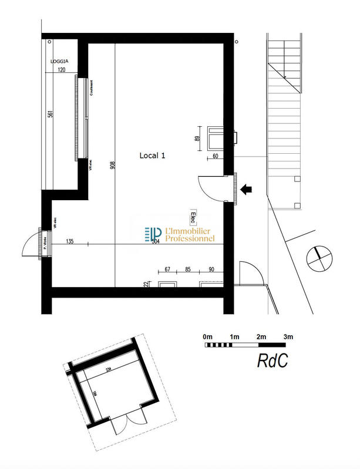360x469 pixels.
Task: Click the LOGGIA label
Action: [59, 60]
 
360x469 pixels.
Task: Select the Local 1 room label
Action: [153, 156]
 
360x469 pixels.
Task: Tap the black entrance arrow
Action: [247, 188]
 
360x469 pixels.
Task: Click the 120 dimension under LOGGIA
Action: [61, 69]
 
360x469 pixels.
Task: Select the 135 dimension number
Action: [70, 241]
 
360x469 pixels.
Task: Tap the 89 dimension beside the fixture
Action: [198, 139]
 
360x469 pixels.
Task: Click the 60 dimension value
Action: [215, 156]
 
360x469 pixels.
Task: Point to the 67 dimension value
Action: [167, 270]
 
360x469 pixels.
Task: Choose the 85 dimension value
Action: [188, 270]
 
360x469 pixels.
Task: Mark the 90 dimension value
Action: [211, 270]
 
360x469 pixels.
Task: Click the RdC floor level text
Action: [272, 361]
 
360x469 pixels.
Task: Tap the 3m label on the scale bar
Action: [288, 336]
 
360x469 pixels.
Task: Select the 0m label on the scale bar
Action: [207, 336]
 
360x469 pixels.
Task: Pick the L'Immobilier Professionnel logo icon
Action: [153, 234]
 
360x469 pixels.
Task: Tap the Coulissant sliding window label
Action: [92, 89]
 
